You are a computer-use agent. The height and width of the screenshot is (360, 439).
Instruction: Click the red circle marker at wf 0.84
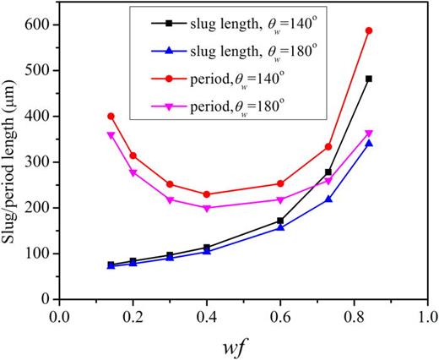click(x=369, y=30)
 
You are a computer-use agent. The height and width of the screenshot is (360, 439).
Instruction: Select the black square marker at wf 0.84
click(x=369, y=79)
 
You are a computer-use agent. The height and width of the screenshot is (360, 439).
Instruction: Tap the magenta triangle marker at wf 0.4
click(x=207, y=208)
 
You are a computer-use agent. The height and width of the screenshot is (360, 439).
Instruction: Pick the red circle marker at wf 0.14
click(x=111, y=116)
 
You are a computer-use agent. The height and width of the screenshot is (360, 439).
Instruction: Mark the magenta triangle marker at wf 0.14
click(x=111, y=135)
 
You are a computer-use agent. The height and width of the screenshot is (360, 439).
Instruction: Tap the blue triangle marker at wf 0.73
click(x=328, y=199)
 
